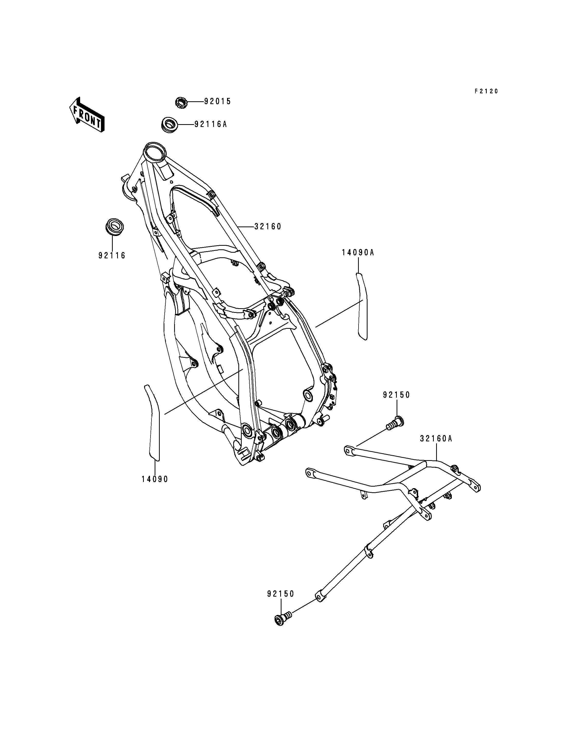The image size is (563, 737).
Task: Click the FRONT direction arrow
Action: [87, 115]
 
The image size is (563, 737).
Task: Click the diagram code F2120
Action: [486, 91]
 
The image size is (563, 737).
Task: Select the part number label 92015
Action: [218, 101]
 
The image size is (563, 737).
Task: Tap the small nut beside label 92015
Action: [181, 102]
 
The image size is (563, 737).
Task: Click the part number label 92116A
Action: [211, 124]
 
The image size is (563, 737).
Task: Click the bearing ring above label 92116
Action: [114, 226]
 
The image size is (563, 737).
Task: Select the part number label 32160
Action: [268, 227]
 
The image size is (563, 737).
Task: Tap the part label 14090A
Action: [358, 252]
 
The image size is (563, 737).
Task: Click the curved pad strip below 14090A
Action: [362, 306]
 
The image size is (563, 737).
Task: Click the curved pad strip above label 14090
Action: [153, 422]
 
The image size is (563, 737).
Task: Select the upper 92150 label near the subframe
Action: [397, 395]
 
